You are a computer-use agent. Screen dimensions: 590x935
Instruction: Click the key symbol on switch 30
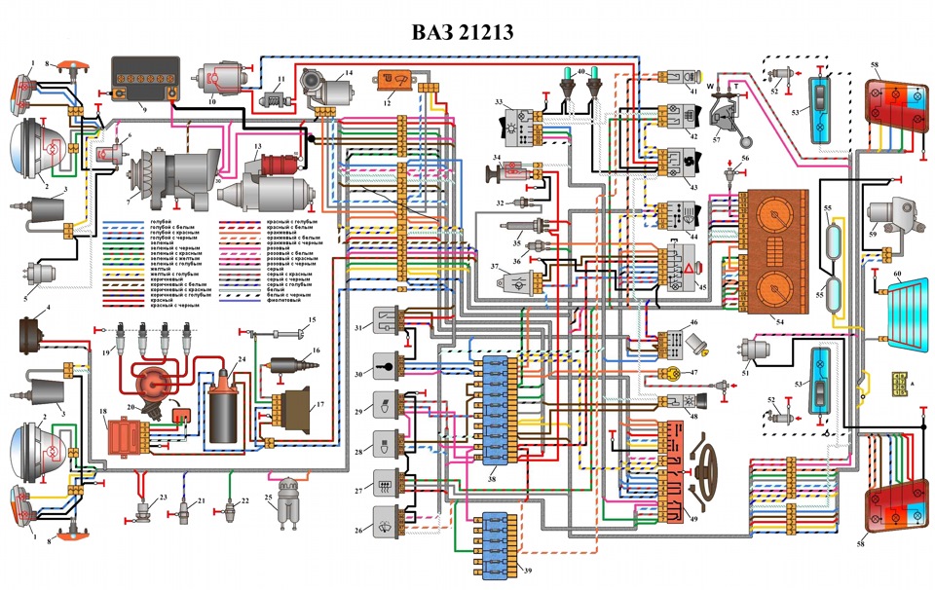coord(399,368)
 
